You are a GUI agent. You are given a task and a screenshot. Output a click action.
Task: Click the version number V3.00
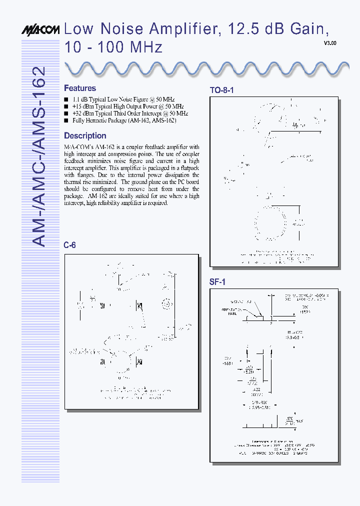(x=330, y=43)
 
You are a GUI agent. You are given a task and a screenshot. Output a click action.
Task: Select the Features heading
(x=80, y=88)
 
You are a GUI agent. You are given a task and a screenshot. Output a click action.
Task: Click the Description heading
(x=85, y=135)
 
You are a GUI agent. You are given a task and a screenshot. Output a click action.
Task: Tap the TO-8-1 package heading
(x=221, y=90)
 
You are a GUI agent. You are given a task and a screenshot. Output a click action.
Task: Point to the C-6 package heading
(x=69, y=245)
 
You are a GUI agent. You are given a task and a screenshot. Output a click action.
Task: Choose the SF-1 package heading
(x=217, y=282)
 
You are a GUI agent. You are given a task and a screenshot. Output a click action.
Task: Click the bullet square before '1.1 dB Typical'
(x=66, y=100)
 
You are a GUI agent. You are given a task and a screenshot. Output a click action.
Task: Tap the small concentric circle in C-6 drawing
(x=166, y=304)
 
